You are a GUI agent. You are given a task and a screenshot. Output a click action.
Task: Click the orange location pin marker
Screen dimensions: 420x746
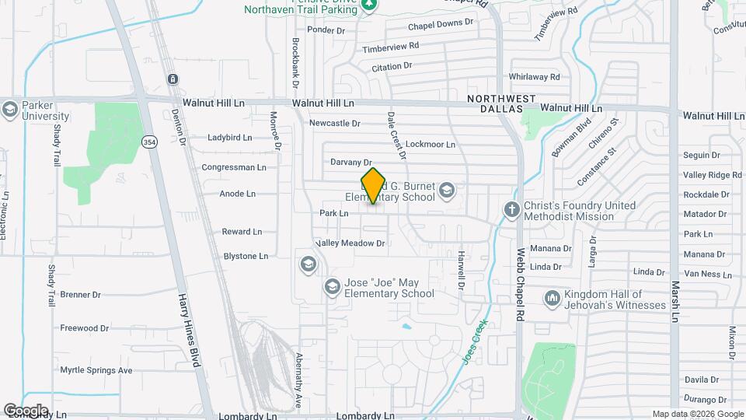(373, 185)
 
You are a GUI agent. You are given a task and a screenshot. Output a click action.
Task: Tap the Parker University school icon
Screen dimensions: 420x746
(10, 108)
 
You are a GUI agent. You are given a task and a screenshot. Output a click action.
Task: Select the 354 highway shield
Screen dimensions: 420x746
(149, 141)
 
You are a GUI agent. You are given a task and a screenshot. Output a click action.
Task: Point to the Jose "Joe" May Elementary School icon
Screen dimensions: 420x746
(332, 288)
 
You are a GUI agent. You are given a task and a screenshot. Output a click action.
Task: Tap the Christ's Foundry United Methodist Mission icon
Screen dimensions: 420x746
(511, 210)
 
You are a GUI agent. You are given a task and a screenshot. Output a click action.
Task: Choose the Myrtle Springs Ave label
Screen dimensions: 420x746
(96, 370)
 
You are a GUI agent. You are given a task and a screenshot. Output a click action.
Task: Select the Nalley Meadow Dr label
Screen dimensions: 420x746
(350, 243)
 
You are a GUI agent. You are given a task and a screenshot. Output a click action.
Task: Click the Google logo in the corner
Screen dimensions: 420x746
(25, 410)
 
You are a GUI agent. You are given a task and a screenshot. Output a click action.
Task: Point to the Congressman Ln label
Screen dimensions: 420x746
(233, 167)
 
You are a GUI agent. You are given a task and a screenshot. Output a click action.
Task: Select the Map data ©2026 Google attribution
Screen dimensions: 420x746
(697, 414)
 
